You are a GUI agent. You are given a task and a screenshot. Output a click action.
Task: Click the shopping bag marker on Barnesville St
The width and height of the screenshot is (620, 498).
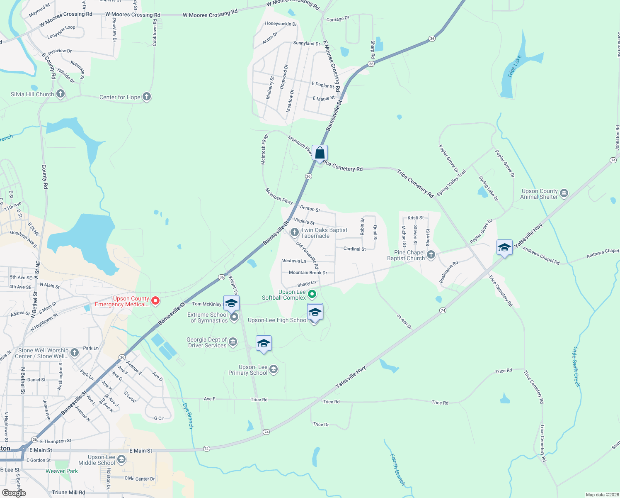[320, 153]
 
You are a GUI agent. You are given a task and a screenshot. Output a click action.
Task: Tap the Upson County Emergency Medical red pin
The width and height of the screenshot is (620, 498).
[155, 300]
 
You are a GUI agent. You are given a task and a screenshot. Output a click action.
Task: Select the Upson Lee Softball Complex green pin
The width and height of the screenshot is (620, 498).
[312, 294]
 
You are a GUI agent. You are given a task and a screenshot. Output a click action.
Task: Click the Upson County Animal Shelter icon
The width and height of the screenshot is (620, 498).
[564, 193]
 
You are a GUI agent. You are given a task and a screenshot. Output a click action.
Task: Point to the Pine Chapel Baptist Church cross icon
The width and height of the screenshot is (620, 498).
[431, 254]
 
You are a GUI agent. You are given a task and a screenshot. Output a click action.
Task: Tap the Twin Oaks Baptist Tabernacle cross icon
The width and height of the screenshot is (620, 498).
[295, 232]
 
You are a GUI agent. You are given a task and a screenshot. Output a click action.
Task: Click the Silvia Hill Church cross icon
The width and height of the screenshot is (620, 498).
[61, 94]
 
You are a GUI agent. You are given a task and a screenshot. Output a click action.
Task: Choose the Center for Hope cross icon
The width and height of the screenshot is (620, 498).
[146, 97]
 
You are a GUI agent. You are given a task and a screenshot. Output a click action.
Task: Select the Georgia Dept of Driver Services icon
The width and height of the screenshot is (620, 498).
[233, 342]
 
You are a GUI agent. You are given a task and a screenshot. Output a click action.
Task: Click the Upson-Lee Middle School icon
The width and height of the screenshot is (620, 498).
[121, 459]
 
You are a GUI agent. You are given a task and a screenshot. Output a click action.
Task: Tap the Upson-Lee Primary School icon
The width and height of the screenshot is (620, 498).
[274, 369]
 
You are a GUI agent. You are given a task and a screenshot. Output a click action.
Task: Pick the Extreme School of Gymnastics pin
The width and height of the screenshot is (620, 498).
[234, 317]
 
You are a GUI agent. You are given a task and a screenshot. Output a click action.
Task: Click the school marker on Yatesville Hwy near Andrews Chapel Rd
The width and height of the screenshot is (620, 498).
[504, 248]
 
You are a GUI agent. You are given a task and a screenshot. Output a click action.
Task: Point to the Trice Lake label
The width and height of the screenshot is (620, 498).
[514, 66]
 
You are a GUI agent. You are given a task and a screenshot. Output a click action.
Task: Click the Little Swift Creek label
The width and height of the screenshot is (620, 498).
[576, 366]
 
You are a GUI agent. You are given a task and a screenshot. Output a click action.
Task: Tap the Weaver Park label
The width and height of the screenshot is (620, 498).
[62, 471]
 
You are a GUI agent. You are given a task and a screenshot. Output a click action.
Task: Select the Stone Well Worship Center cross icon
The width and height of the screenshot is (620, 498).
[75, 353]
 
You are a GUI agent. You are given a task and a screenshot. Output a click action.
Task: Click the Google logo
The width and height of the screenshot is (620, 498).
[14, 493]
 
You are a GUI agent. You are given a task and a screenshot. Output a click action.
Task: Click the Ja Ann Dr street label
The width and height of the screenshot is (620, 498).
[404, 322]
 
